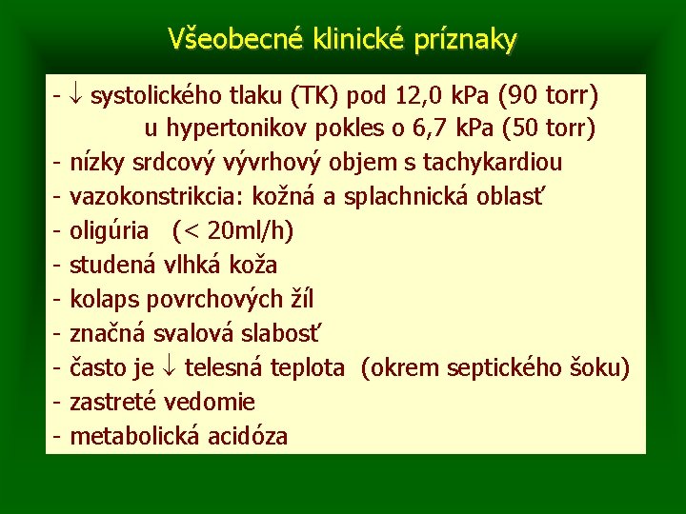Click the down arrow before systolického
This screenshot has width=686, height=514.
pyautogui.click(x=78, y=96)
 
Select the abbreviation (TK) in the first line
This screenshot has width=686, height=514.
pyautogui.click(x=316, y=96)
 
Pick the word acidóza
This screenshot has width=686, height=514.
pyautogui.click(x=241, y=437)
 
